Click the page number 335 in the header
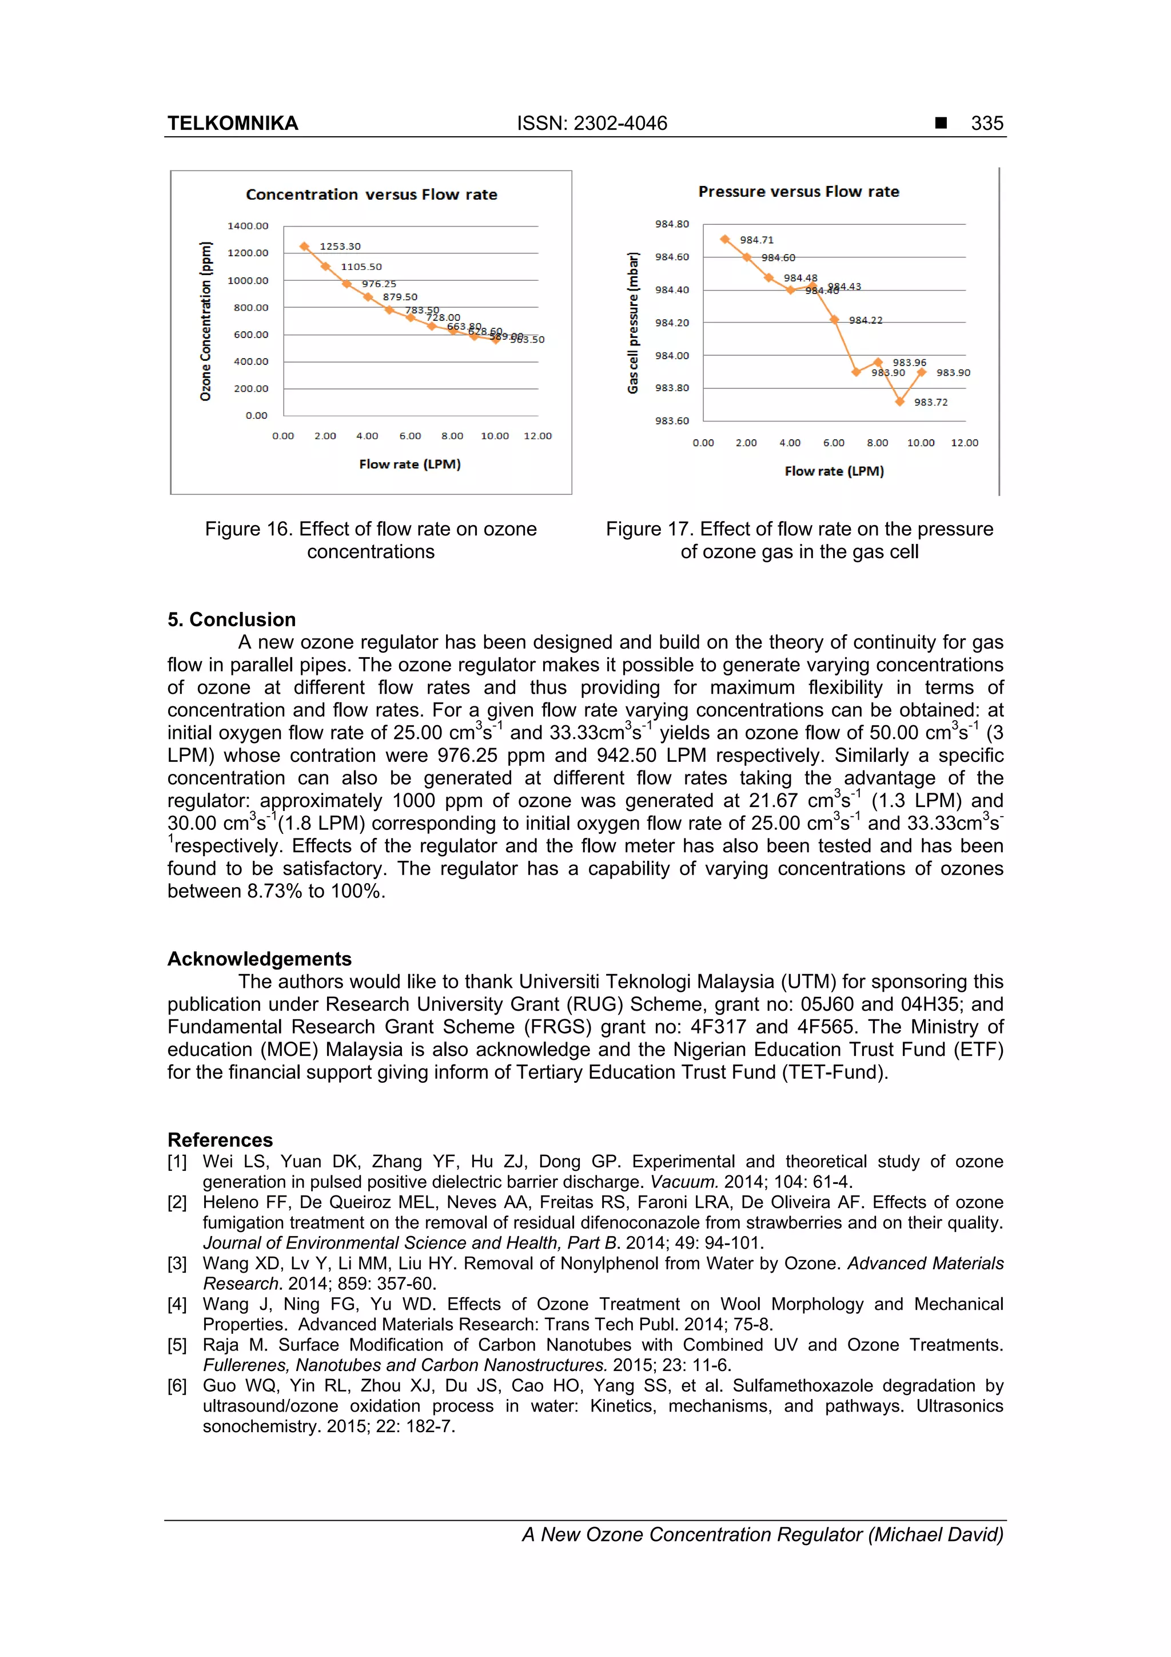(986, 124)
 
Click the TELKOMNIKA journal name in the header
(232, 124)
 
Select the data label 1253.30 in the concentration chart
(340, 246)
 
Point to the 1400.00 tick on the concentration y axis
(248, 226)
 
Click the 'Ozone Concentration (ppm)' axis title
(206, 321)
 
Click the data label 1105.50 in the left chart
(361, 267)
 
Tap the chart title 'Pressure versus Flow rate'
(798, 191)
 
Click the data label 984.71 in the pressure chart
(756, 240)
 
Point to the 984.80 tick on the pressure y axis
(671, 224)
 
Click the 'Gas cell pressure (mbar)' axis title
(633, 323)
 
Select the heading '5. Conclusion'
(231, 619)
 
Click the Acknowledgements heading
(259, 959)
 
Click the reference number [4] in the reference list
(177, 1304)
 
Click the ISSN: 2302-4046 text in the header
(592, 124)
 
